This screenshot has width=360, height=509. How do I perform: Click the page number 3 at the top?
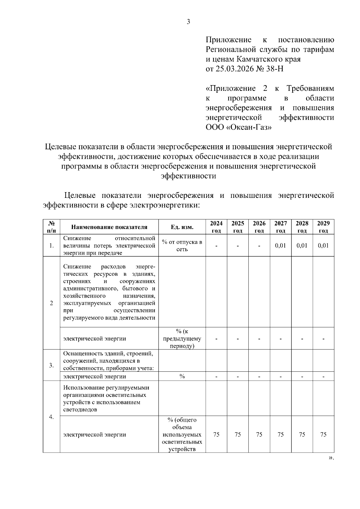point(188,22)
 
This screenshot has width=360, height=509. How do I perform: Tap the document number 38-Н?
point(274,69)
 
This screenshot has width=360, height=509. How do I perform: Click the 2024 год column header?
point(216,227)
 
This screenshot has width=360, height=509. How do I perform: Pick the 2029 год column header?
point(323,227)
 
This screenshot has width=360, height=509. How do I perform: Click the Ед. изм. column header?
point(182,227)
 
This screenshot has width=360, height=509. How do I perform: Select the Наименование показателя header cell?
point(109,227)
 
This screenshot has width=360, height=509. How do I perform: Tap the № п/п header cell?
point(51,227)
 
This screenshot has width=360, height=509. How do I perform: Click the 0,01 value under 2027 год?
point(280,246)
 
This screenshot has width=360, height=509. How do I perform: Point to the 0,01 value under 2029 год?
point(323,246)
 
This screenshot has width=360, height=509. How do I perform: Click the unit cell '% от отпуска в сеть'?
point(182,246)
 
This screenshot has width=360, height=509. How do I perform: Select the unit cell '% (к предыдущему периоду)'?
point(182,338)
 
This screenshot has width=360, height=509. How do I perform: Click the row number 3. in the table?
point(51,365)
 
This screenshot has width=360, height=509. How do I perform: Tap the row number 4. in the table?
point(51,417)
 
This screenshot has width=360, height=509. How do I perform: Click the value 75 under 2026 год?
point(259,434)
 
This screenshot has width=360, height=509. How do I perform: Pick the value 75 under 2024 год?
point(216,434)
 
